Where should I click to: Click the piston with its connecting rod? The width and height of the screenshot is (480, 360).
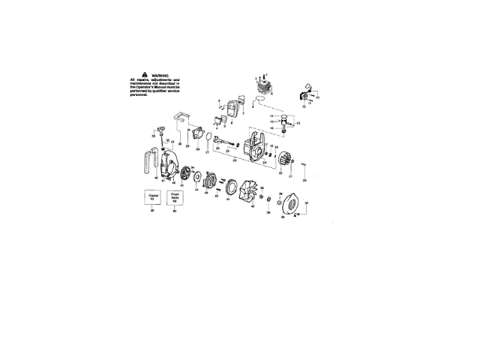pos(284,123)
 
